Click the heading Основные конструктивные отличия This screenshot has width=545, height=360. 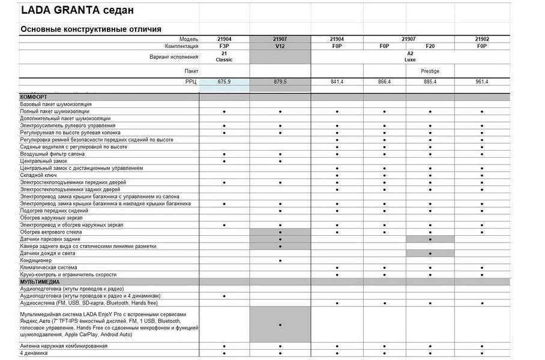click(91, 29)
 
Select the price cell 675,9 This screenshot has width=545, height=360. click(224, 81)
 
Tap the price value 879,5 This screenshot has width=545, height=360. click(280, 81)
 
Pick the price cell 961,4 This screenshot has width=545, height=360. click(482, 81)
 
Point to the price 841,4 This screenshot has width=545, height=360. click(337, 81)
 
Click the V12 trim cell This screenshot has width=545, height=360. click(280, 46)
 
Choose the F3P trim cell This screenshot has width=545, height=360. click(224, 46)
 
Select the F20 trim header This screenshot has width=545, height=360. click(430, 46)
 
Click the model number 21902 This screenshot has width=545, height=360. click(482, 39)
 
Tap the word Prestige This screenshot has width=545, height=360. click(430, 71)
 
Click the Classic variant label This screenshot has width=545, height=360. click(224, 61)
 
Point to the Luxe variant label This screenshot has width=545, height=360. click(411, 61)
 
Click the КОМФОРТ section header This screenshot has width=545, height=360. click(34, 97)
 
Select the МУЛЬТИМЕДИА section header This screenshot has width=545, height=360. click(40, 281)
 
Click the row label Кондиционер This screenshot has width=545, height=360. click(36, 260)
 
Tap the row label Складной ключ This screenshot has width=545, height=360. click(39, 175)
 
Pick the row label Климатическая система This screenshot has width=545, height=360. click(49, 268)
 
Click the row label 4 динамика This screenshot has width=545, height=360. click(34, 353)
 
